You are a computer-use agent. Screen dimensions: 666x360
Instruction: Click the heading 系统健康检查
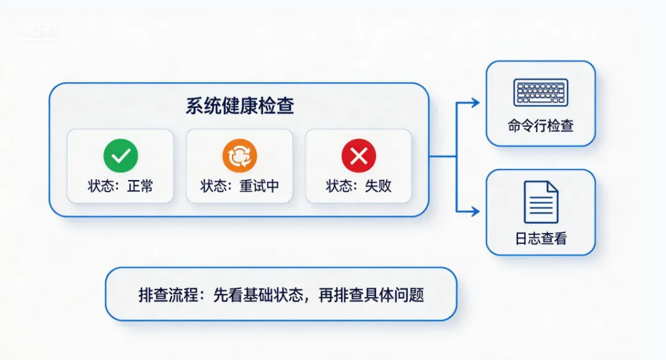point(240,105)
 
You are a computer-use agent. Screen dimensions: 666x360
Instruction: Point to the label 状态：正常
point(120,186)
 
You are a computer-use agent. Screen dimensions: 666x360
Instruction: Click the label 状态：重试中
point(240,186)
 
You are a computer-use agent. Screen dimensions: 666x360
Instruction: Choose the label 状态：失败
point(359,186)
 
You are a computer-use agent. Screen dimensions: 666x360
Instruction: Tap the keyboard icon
point(541,92)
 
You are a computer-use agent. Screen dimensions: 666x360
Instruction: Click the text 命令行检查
point(541,126)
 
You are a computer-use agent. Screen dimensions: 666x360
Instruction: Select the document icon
point(541,202)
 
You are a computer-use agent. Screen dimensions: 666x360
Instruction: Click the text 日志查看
point(541,239)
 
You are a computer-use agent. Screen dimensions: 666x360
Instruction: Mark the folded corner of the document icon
point(553,187)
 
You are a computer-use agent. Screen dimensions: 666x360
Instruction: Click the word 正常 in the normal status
point(140,186)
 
